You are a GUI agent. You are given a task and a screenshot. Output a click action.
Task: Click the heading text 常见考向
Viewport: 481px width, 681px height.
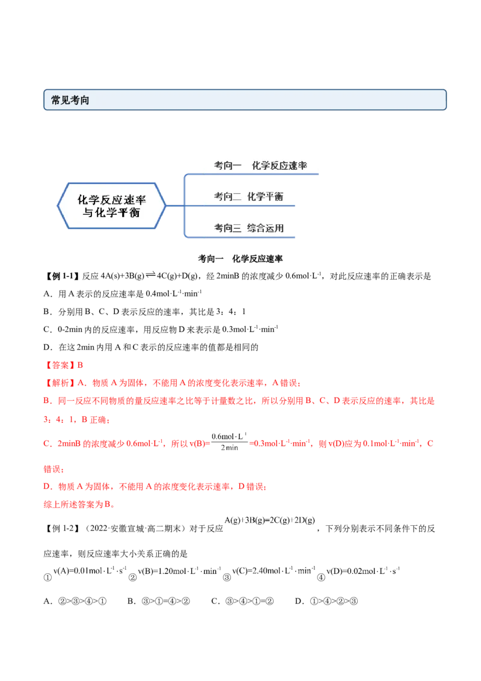point(70,100)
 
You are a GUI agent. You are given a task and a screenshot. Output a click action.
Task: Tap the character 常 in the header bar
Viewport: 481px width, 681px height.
point(55,100)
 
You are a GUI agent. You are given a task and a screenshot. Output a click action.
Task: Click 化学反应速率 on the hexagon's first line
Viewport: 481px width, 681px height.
point(112,199)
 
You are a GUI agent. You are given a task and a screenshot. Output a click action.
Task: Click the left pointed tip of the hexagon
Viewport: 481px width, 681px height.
point(58,206)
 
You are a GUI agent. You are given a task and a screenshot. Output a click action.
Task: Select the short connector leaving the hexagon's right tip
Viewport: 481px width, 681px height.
point(174,205)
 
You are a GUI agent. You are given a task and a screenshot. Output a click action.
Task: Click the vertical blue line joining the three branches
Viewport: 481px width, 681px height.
point(184,205)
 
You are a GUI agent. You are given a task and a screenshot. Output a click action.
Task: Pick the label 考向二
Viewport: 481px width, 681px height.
point(228,197)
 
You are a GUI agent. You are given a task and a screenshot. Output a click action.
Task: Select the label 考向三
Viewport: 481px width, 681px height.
point(228,228)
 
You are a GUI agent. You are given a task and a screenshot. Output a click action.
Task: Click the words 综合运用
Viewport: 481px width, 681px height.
point(265,228)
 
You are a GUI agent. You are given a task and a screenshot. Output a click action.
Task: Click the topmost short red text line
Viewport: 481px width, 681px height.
point(65,365)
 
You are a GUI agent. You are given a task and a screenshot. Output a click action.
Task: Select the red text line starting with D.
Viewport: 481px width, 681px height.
point(156,486)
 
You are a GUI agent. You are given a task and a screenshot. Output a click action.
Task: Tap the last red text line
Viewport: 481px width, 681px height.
point(79,505)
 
